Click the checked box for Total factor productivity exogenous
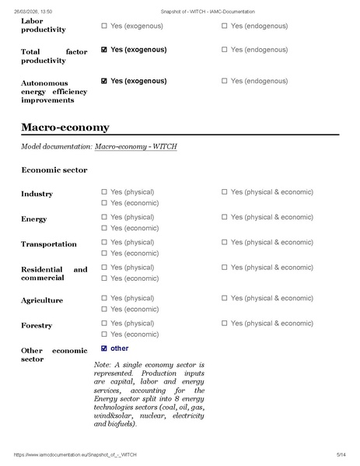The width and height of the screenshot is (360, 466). point(104,50)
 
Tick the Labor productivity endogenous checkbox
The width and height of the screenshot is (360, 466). point(225,26)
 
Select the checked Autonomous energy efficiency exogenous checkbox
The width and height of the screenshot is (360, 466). point(104,80)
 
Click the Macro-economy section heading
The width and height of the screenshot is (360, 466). point(65,127)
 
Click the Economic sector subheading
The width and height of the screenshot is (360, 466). point(54,170)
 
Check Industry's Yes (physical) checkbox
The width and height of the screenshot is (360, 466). point(104,192)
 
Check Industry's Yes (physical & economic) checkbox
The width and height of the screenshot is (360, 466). point(225,192)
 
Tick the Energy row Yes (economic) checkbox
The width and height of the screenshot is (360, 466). point(104,228)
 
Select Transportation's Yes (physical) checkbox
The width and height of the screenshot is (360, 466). point(104,242)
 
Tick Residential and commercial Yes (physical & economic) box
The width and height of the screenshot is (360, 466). point(225,268)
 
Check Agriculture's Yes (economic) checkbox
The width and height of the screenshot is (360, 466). point(104,309)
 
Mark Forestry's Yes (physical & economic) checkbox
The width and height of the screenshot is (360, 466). point(225,323)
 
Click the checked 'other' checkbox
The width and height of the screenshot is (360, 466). point(104,349)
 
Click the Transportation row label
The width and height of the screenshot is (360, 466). point(48,244)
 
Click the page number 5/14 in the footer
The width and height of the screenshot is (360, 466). point(340,454)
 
